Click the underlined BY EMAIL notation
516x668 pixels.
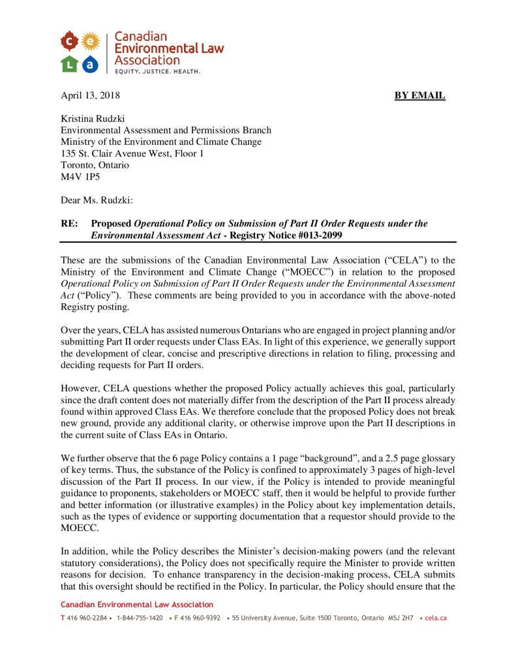coord(419,96)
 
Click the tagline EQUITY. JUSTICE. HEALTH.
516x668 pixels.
coord(157,71)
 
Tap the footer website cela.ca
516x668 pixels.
coord(436,617)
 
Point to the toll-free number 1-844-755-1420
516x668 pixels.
coord(140,617)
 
